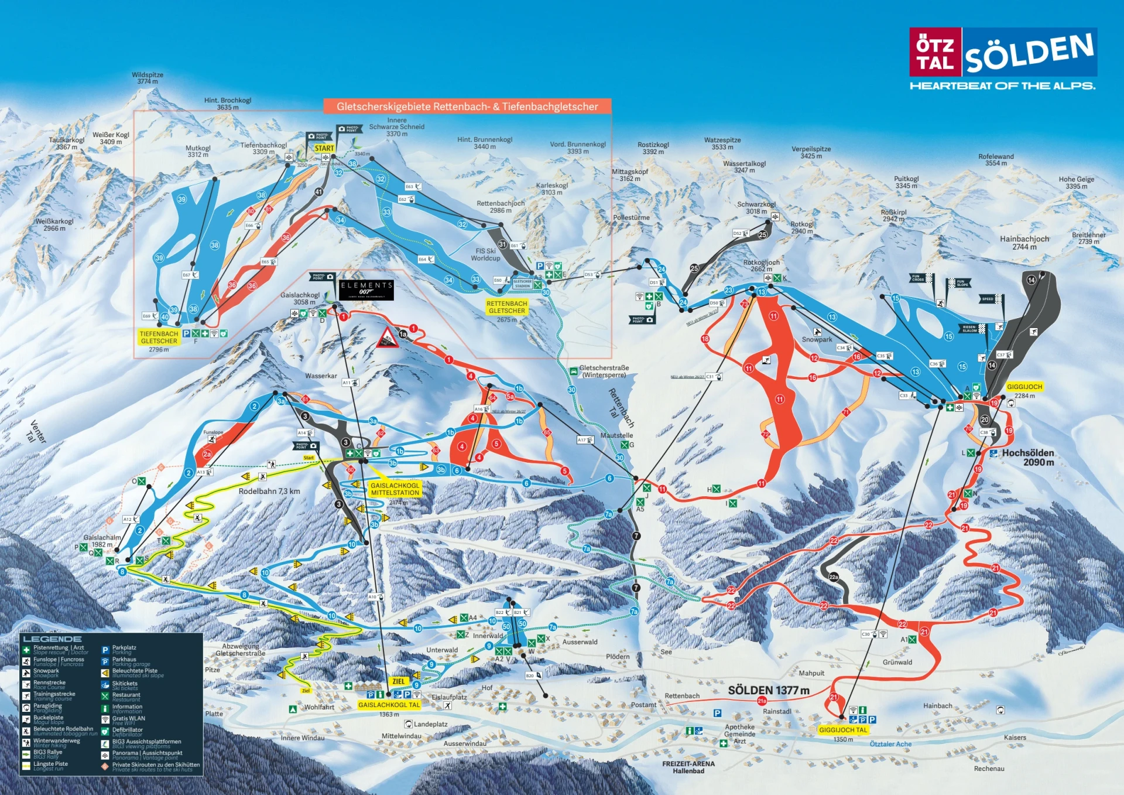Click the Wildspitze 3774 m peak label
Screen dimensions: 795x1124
[148, 78]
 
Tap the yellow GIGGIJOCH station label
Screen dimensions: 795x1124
[1024, 387]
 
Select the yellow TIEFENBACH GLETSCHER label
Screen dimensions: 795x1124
[159, 337]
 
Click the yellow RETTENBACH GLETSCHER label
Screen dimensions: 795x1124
[506, 307]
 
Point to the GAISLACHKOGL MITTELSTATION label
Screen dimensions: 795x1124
[395, 489]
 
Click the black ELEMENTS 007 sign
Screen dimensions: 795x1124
[366, 289]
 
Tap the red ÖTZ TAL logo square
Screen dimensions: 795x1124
[935, 52]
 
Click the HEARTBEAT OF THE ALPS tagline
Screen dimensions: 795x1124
[1002, 86]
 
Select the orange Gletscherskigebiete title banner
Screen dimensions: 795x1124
[467, 106]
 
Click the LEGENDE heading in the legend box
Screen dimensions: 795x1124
[52, 639]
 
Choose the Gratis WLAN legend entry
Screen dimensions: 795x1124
[128, 719]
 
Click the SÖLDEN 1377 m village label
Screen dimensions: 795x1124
[768, 690]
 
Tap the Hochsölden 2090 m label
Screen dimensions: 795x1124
[1027, 457]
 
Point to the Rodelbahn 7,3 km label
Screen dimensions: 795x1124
[269, 491]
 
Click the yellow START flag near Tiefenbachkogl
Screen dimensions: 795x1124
[324, 148]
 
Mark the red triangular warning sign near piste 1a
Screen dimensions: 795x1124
[387, 338]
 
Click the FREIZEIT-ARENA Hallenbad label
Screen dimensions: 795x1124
[688, 767]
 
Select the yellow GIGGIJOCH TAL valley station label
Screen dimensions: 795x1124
[842, 729]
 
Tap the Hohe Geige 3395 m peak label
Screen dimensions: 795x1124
[1076, 183]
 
